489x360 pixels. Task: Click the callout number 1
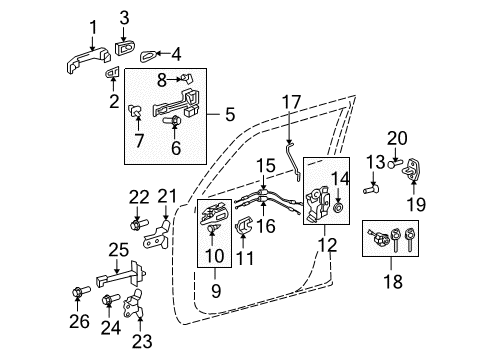tap(92, 25)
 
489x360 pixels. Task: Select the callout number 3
tap(124, 16)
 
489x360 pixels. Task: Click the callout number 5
tap(230, 116)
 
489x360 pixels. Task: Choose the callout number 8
tap(161, 77)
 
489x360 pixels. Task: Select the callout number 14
tap(337, 179)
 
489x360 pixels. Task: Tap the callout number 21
tap(167, 196)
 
